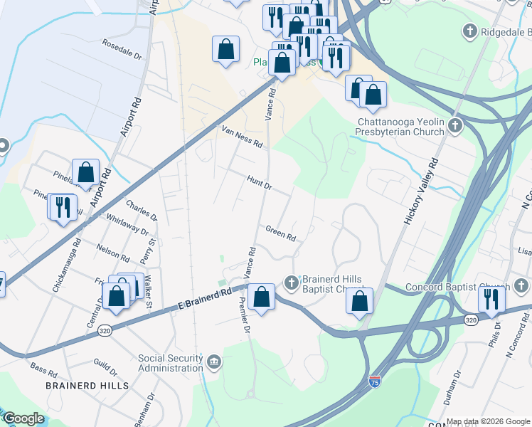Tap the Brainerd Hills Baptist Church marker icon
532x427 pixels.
pos(291,283)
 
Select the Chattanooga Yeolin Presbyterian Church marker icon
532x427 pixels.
pos(455,126)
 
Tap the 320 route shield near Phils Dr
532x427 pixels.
pos(471,321)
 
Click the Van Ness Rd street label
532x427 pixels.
pos(242,137)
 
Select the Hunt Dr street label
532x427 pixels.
pos(260,182)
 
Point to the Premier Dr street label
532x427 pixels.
pos(243,317)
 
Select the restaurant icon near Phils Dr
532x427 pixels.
pos(491,299)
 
